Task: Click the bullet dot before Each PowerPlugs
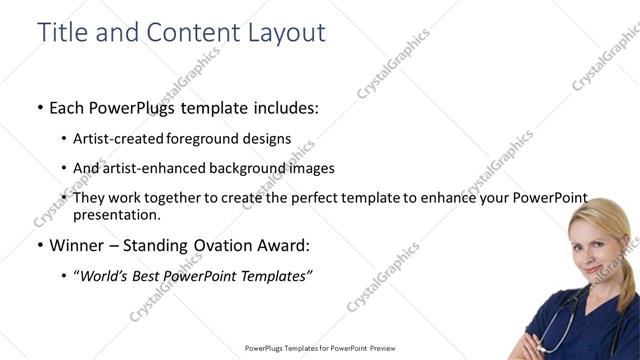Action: coord(39,108)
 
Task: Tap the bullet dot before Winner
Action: coord(39,244)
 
